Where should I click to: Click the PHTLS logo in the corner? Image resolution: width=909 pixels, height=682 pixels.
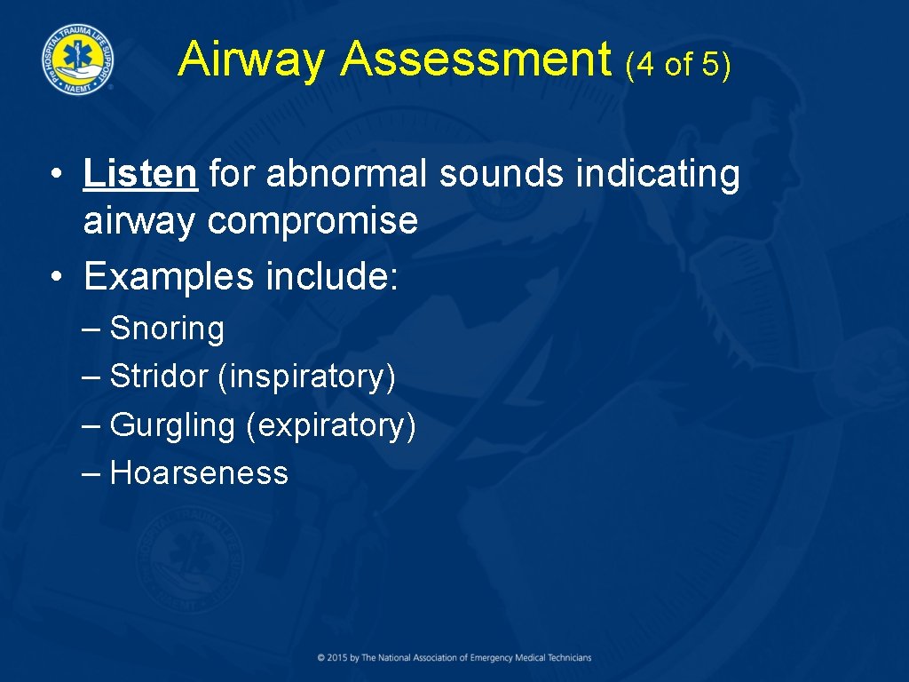[77, 59]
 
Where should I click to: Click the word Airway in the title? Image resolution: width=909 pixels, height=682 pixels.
[252, 60]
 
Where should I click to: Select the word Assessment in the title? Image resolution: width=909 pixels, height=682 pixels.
[476, 60]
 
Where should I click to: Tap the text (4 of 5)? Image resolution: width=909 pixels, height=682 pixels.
[678, 65]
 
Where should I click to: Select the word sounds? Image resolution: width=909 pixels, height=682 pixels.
[502, 174]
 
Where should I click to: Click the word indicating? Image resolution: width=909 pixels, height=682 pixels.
[657, 174]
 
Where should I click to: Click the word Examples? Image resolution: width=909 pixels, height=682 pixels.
[166, 276]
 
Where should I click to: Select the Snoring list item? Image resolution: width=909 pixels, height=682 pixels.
[167, 329]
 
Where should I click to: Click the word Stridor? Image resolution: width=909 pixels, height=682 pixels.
[158, 377]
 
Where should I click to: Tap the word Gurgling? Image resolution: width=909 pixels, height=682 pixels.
[171, 425]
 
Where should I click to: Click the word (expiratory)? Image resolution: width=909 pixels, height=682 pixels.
[330, 425]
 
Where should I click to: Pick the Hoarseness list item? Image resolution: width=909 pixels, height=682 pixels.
[199, 473]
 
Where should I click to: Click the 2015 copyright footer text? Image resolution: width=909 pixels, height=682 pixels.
[454, 658]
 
